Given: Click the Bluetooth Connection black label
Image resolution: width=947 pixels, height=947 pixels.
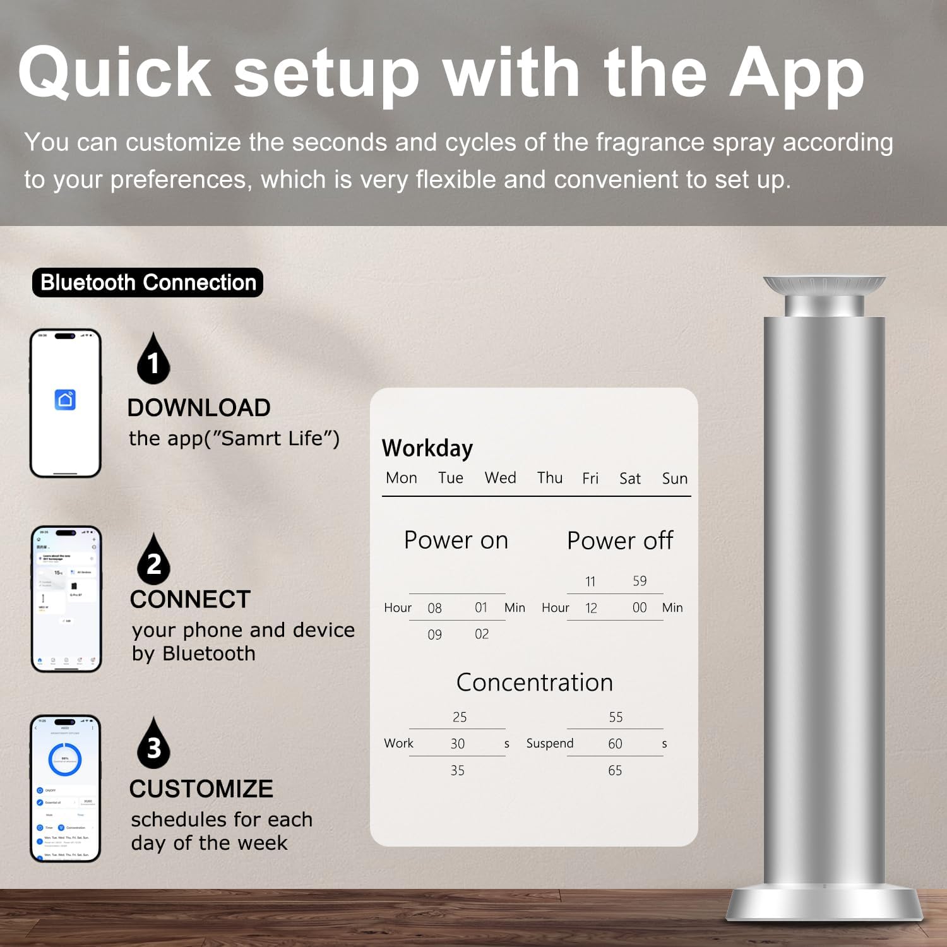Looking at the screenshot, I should (x=148, y=282).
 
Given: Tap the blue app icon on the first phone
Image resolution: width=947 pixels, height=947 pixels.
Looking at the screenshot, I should (x=66, y=400).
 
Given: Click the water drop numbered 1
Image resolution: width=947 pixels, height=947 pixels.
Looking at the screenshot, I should (x=153, y=360).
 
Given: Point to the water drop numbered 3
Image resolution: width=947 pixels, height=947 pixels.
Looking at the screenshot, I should (x=153, y=744).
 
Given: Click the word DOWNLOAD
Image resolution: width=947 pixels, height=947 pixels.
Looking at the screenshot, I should (x=199, y=408).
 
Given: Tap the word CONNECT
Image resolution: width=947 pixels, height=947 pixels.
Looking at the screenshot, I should (x=190, y=599).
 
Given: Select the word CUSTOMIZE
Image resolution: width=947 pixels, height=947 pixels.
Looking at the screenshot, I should (x=201, y=789).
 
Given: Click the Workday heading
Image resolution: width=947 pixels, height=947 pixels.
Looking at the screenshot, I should (x=427, y=448).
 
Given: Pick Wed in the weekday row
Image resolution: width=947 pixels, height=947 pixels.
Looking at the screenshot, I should (x=500, y=478).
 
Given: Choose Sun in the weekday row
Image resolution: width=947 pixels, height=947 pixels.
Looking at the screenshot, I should (x=674, y=479).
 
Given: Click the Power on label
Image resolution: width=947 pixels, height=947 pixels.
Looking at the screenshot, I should (x=456, y=540).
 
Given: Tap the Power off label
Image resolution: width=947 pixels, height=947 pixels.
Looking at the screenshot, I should (x=620, y=541).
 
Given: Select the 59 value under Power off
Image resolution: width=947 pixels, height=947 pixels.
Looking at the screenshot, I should (x=640, y=581).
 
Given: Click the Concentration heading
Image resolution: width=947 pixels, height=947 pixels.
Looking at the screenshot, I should (x=535, y=682).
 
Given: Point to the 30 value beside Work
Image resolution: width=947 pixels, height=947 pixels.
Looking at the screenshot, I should (x=458, y=744).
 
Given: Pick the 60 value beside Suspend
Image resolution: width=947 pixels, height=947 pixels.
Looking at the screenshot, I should (x=615, y=744).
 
